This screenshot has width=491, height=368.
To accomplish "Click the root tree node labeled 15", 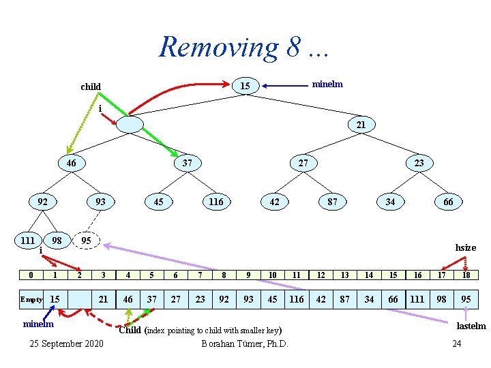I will (x=245, y=86).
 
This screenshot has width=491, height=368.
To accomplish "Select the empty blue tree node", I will (x=130, y=125).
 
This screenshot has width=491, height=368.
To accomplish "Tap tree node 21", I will (x=361, y=125).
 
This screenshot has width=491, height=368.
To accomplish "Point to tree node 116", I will (x=216, y=202).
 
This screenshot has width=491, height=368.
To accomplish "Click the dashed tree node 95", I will (x=86, y=241).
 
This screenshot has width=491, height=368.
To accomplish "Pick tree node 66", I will (x=448, y=202).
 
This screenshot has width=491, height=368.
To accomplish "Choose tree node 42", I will (x=274, y=202).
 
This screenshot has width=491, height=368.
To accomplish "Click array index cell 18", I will (x=466, y=275).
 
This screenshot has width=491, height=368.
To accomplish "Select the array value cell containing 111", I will (x=417, y=300).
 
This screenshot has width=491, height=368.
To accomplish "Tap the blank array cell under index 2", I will (x=80, y=300).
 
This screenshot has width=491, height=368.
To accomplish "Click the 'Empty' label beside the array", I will (x=31, y=300).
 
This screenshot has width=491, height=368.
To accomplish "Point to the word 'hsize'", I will (x=465, y=247).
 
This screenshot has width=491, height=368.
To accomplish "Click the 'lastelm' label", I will (x=471, y=326).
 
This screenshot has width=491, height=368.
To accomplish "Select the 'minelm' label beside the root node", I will (x=327, y=84).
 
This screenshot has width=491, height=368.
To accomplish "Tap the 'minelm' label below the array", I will (x=38, y=324).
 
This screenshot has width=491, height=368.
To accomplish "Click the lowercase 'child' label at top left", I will (x=91, y=87).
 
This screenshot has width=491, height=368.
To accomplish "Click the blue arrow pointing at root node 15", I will (x=286, y=86).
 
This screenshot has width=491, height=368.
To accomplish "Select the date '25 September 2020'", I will (x=67, y=343).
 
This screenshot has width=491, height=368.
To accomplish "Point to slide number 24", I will (x=456, y=343).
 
